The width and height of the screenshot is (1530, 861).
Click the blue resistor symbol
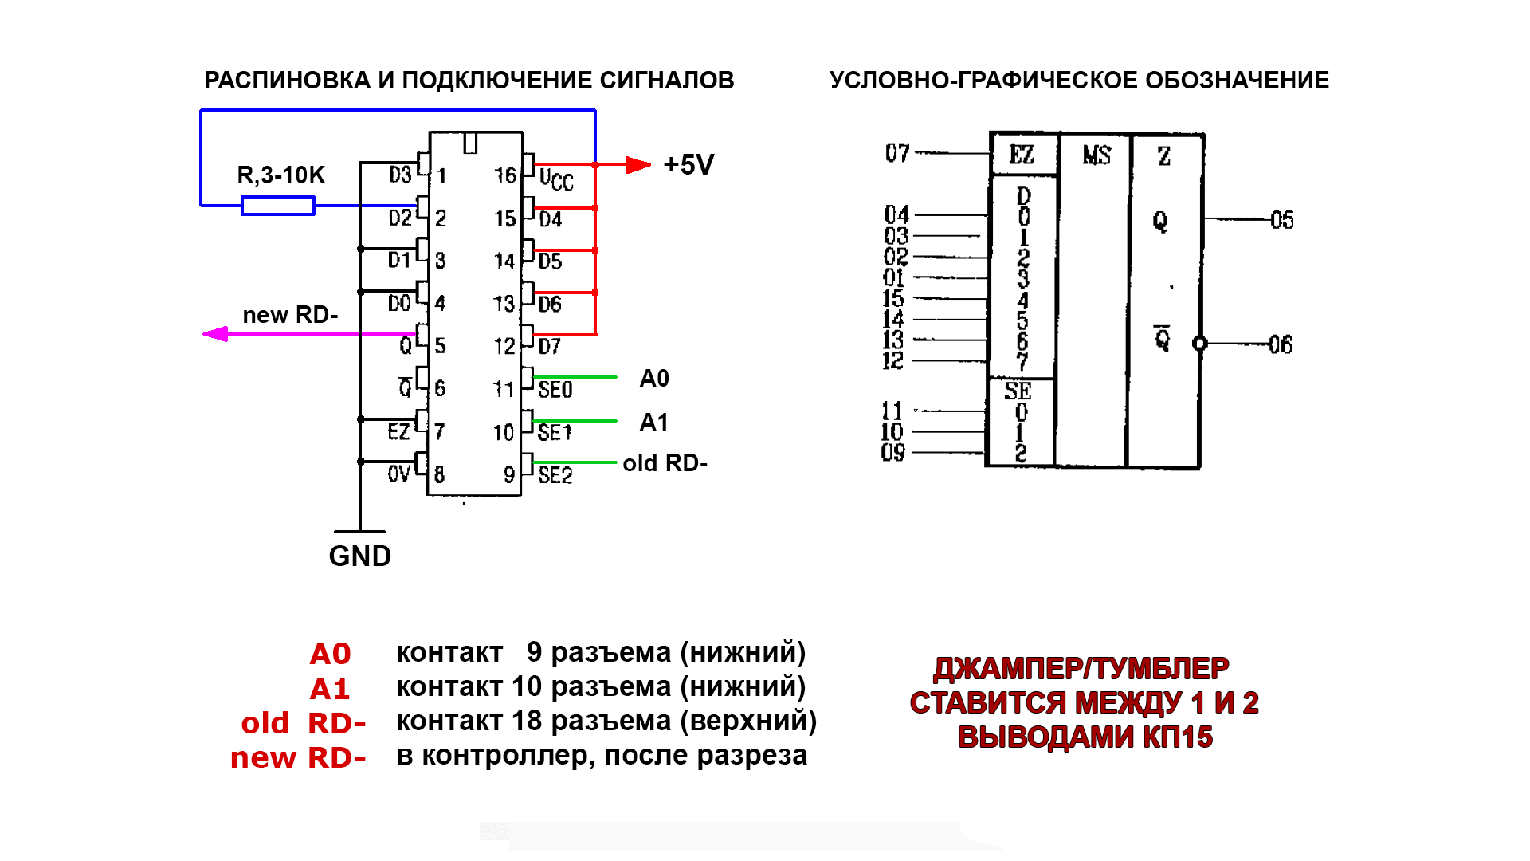click(x=277, y=206)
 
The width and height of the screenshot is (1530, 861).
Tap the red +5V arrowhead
click(x=638, y=165)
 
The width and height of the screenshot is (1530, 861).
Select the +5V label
click(x=688, y=165)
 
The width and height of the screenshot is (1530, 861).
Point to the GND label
click(x=360, y=556)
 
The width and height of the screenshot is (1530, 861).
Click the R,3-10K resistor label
click(x=281, y=175)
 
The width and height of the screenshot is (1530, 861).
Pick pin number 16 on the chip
click(x=505, y=175)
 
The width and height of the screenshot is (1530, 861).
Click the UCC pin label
click(x=556, y=180)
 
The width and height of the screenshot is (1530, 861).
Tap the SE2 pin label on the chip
click(x=555, y=476)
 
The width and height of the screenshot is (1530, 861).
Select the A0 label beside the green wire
click(x=654, y=379)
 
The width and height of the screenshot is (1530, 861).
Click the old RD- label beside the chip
click(x=665, y=463)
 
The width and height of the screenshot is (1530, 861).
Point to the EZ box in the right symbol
click(x=1022, y=155)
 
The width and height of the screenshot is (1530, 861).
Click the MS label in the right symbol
click(x=1096, y=155)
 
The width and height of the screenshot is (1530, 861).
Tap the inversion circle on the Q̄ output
click(x=1199, y=344)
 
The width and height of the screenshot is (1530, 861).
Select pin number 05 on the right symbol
click(x=1282, y=220)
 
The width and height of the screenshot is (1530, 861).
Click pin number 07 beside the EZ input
click(x=897, y=152)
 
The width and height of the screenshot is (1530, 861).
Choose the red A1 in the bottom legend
click(x=330, y=689)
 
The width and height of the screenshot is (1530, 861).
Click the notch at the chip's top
click(x=470, y=143)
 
